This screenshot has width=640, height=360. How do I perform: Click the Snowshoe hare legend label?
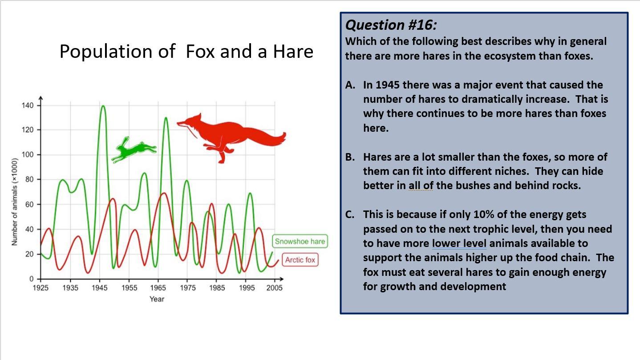pyautogui.click(x=300, y=242)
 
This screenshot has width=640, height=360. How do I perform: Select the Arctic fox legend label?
pyautogui.click(x=300, y=260)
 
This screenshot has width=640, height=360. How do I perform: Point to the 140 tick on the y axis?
pyautogui.click(x=28, y=105)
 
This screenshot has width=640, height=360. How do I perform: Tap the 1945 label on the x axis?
pyautogui.click(x=99, y=288)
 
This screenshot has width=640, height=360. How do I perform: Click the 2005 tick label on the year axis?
pyautogui.click(x=274, y=288)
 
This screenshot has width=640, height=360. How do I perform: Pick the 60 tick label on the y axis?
pyautogui.click(x=29, y=205)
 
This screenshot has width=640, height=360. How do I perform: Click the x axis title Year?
pyautogui.click(x=157, y=299)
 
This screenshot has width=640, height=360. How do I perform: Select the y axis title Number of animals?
pyautogui.click(x=15, y=202)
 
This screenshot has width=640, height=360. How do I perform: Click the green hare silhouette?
pyautogui.click(x=134, y=150)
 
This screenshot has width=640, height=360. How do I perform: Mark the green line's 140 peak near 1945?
pyautogui.click(x=103, y=106)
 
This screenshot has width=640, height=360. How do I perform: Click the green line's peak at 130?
pyautogui.click(x=166, y=118)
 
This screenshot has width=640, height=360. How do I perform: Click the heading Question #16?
pyautogui.click(x=391, y=25)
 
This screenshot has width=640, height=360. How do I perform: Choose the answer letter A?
pyautogui.click(x=350, y=85)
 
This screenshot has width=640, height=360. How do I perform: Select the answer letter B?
pyautogui.click(x=350, y=157)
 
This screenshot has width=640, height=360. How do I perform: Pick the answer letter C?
pyautogui.click(x=350, y=214)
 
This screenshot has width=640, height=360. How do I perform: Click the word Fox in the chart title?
pyautogui.click(x=200, y=52)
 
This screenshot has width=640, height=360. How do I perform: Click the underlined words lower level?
pyautogui.click(x=459, y=243)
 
